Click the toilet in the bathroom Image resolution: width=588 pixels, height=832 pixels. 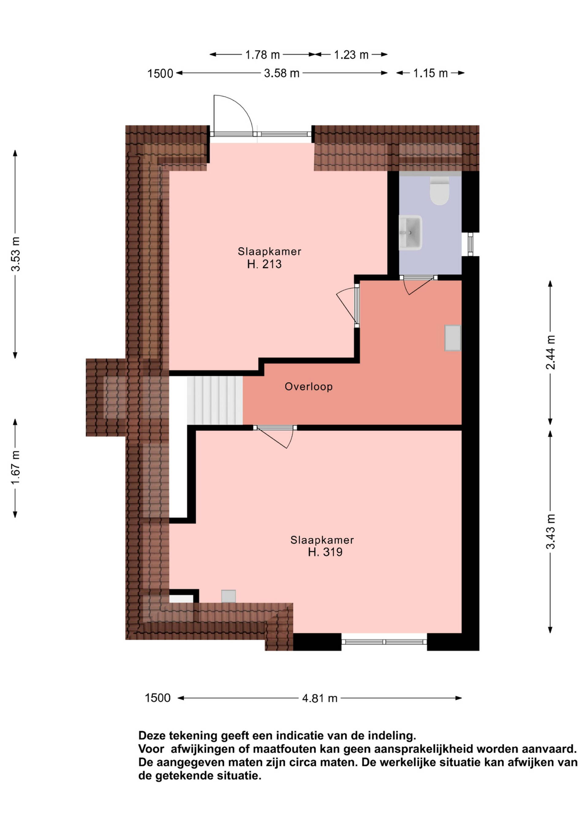click(x=439, y=191)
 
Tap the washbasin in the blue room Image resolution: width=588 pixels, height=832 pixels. click(x=411, y=233)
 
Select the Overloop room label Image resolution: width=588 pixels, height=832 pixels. click(x=308, y=387)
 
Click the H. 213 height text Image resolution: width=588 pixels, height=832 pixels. click(x=264, y=264)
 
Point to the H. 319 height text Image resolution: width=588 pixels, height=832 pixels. click(x=325, y=552)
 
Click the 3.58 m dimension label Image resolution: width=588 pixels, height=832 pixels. click(x=282, y=74)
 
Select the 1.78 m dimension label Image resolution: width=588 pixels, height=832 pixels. click(x=262, y=55)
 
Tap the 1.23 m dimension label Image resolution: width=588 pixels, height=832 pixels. click(x=351, y=55)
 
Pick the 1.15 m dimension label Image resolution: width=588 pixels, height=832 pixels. click(x=431, y=74)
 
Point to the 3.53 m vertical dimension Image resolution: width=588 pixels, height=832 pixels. click(x=16, y=254)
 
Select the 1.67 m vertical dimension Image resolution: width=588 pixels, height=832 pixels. click(x=16, y=468)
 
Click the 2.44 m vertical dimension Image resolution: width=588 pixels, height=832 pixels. click(x=550, y=352)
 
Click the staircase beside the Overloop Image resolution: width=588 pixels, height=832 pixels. click(x=215, y=400)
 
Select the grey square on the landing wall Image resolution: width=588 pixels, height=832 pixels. click(x=453, y=338)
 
